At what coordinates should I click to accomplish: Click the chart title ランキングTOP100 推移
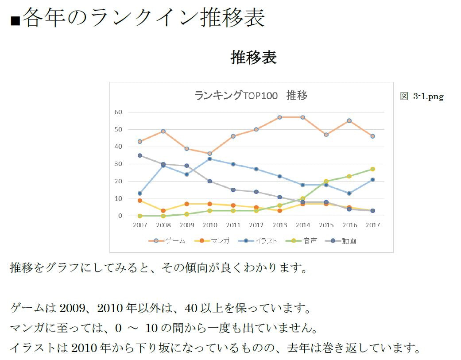[x=251, y=95]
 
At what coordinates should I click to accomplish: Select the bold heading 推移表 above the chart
[x=254, y=58]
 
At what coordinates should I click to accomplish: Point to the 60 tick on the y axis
[x=118, y=112]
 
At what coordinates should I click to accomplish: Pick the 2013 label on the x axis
[x=279, y=225]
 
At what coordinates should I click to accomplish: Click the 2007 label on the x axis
[x=140, y=225]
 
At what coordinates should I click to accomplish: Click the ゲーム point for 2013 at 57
[x=279, y=117]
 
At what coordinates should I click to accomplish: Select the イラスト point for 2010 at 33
[x=210, y=159]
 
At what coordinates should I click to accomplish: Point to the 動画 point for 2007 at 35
[x=140, y=155]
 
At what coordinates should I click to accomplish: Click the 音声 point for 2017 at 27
[x=372, y=169]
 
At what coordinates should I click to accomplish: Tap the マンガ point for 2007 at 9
[x=140, y=201]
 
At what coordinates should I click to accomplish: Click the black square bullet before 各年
[x=15, y=21]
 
